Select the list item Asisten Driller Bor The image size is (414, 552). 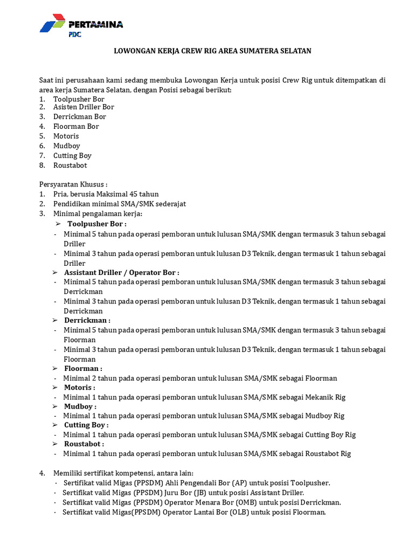(84, 107)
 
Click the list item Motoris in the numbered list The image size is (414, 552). (66, 136)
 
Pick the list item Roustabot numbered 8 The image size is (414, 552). (70, 165)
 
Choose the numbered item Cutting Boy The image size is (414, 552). (72, 155)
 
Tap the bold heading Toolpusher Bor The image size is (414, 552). (97, 224)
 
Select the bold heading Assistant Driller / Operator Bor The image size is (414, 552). (121, 273)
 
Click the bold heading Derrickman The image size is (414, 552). (87, 320)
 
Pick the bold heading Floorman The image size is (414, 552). (83, 368)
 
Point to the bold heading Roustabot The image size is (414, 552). (84, 444)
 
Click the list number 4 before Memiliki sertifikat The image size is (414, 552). (42, 473)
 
